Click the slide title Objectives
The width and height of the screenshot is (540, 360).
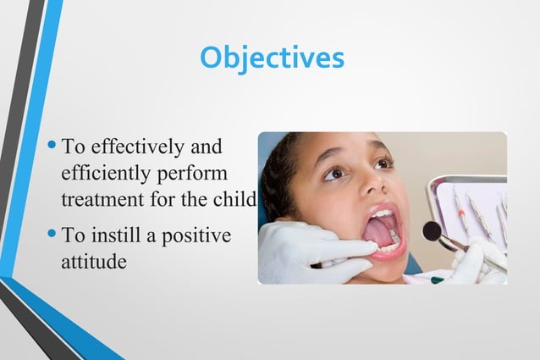coord(272,58)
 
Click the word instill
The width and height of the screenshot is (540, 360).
coord(119,235)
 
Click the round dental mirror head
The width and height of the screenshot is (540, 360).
coord(432,230)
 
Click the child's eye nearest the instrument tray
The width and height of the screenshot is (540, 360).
coord(382,162)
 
